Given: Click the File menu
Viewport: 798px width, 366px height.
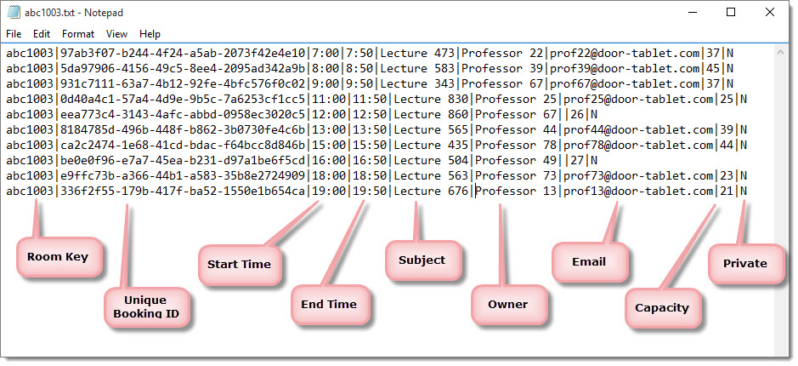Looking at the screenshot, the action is tap(14, 34).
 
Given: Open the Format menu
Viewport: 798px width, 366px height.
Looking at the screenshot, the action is tap(78, 34).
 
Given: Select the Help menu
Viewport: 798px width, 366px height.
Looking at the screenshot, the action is tap(150, 34).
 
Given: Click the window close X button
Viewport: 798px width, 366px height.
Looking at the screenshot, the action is tap(769, 12).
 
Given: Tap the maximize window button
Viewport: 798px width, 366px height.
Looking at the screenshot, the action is tap(731, 12).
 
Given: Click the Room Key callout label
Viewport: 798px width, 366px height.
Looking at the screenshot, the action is tap(58, 257).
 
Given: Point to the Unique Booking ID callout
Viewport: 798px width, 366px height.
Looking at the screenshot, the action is tap(146, 307).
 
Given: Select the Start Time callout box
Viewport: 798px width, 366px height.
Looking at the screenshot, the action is tap(239, 265).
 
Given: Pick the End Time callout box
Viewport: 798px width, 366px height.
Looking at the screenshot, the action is tap(329, 305).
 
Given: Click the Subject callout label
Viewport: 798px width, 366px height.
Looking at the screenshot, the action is tap(422, 260).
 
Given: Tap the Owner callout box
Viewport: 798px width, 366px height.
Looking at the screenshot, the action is tap(508, 305).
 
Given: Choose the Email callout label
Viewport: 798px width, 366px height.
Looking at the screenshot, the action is tap(589, 261).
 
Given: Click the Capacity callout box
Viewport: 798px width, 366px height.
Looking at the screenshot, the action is tap(662, 308).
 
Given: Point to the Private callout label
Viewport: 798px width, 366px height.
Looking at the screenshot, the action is tap(745, 264).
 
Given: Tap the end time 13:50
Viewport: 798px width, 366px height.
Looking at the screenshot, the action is tap(370, 129).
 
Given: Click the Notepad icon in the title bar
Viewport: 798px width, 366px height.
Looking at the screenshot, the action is tap(14, 12).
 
